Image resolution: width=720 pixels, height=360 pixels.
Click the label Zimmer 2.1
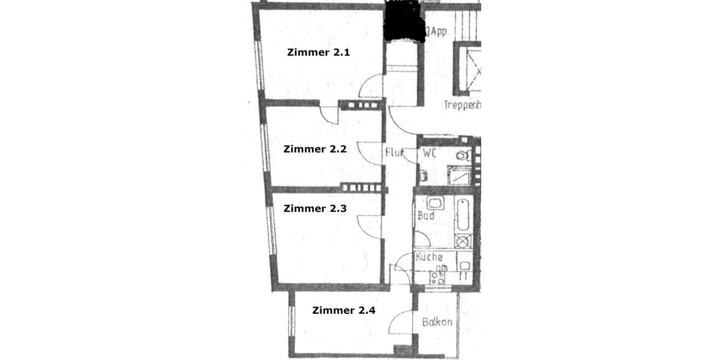pos(318,52)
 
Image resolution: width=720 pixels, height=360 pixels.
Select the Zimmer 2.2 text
pos(315,149)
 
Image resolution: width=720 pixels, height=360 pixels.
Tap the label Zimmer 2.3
pos(315,209)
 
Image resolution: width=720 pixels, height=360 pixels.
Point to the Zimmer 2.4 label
pos(344,310)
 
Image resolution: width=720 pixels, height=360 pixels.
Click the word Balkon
pos(437,322)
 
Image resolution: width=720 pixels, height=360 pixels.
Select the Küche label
pos(430,257)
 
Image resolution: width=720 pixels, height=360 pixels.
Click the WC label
pos(428,154)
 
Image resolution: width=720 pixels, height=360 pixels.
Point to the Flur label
pos(394,152)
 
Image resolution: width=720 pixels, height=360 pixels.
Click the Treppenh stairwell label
pos(462,105)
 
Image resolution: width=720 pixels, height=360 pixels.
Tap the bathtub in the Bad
pos(463,215)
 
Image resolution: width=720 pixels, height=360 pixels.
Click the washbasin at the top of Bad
pos(435,203)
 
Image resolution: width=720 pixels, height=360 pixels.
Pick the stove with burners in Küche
pos(437,277)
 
